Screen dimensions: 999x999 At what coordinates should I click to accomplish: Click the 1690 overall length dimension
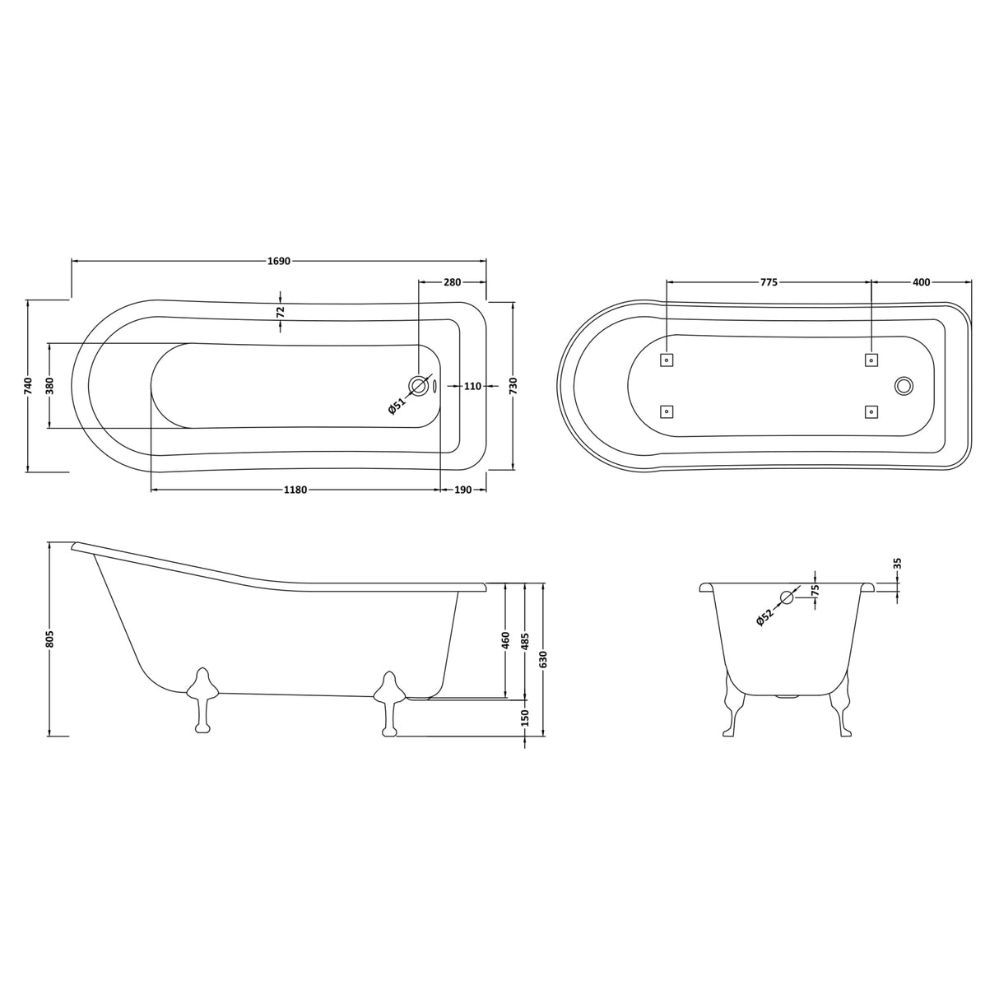[279, 261]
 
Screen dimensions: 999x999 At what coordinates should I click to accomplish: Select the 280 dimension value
[452, 282]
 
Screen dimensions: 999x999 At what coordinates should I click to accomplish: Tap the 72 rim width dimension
[281, 312]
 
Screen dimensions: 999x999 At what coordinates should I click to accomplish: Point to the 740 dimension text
[28, 385]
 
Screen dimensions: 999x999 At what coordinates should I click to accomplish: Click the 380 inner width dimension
[49, 385]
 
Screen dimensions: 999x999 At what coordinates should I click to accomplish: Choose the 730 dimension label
[513, 385]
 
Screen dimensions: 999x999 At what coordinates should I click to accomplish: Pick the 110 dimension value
[472, 386]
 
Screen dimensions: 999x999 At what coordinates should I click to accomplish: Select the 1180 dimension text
[295, 490]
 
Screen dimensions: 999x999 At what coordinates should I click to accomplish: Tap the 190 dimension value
[462, 490]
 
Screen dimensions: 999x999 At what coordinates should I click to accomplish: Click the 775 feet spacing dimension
[768, 282]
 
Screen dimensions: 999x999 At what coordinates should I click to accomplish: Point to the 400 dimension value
[921, 282]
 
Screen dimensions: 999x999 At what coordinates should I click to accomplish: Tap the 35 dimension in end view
[898, 564]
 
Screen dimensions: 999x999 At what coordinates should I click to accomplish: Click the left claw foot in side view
[202, 696]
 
